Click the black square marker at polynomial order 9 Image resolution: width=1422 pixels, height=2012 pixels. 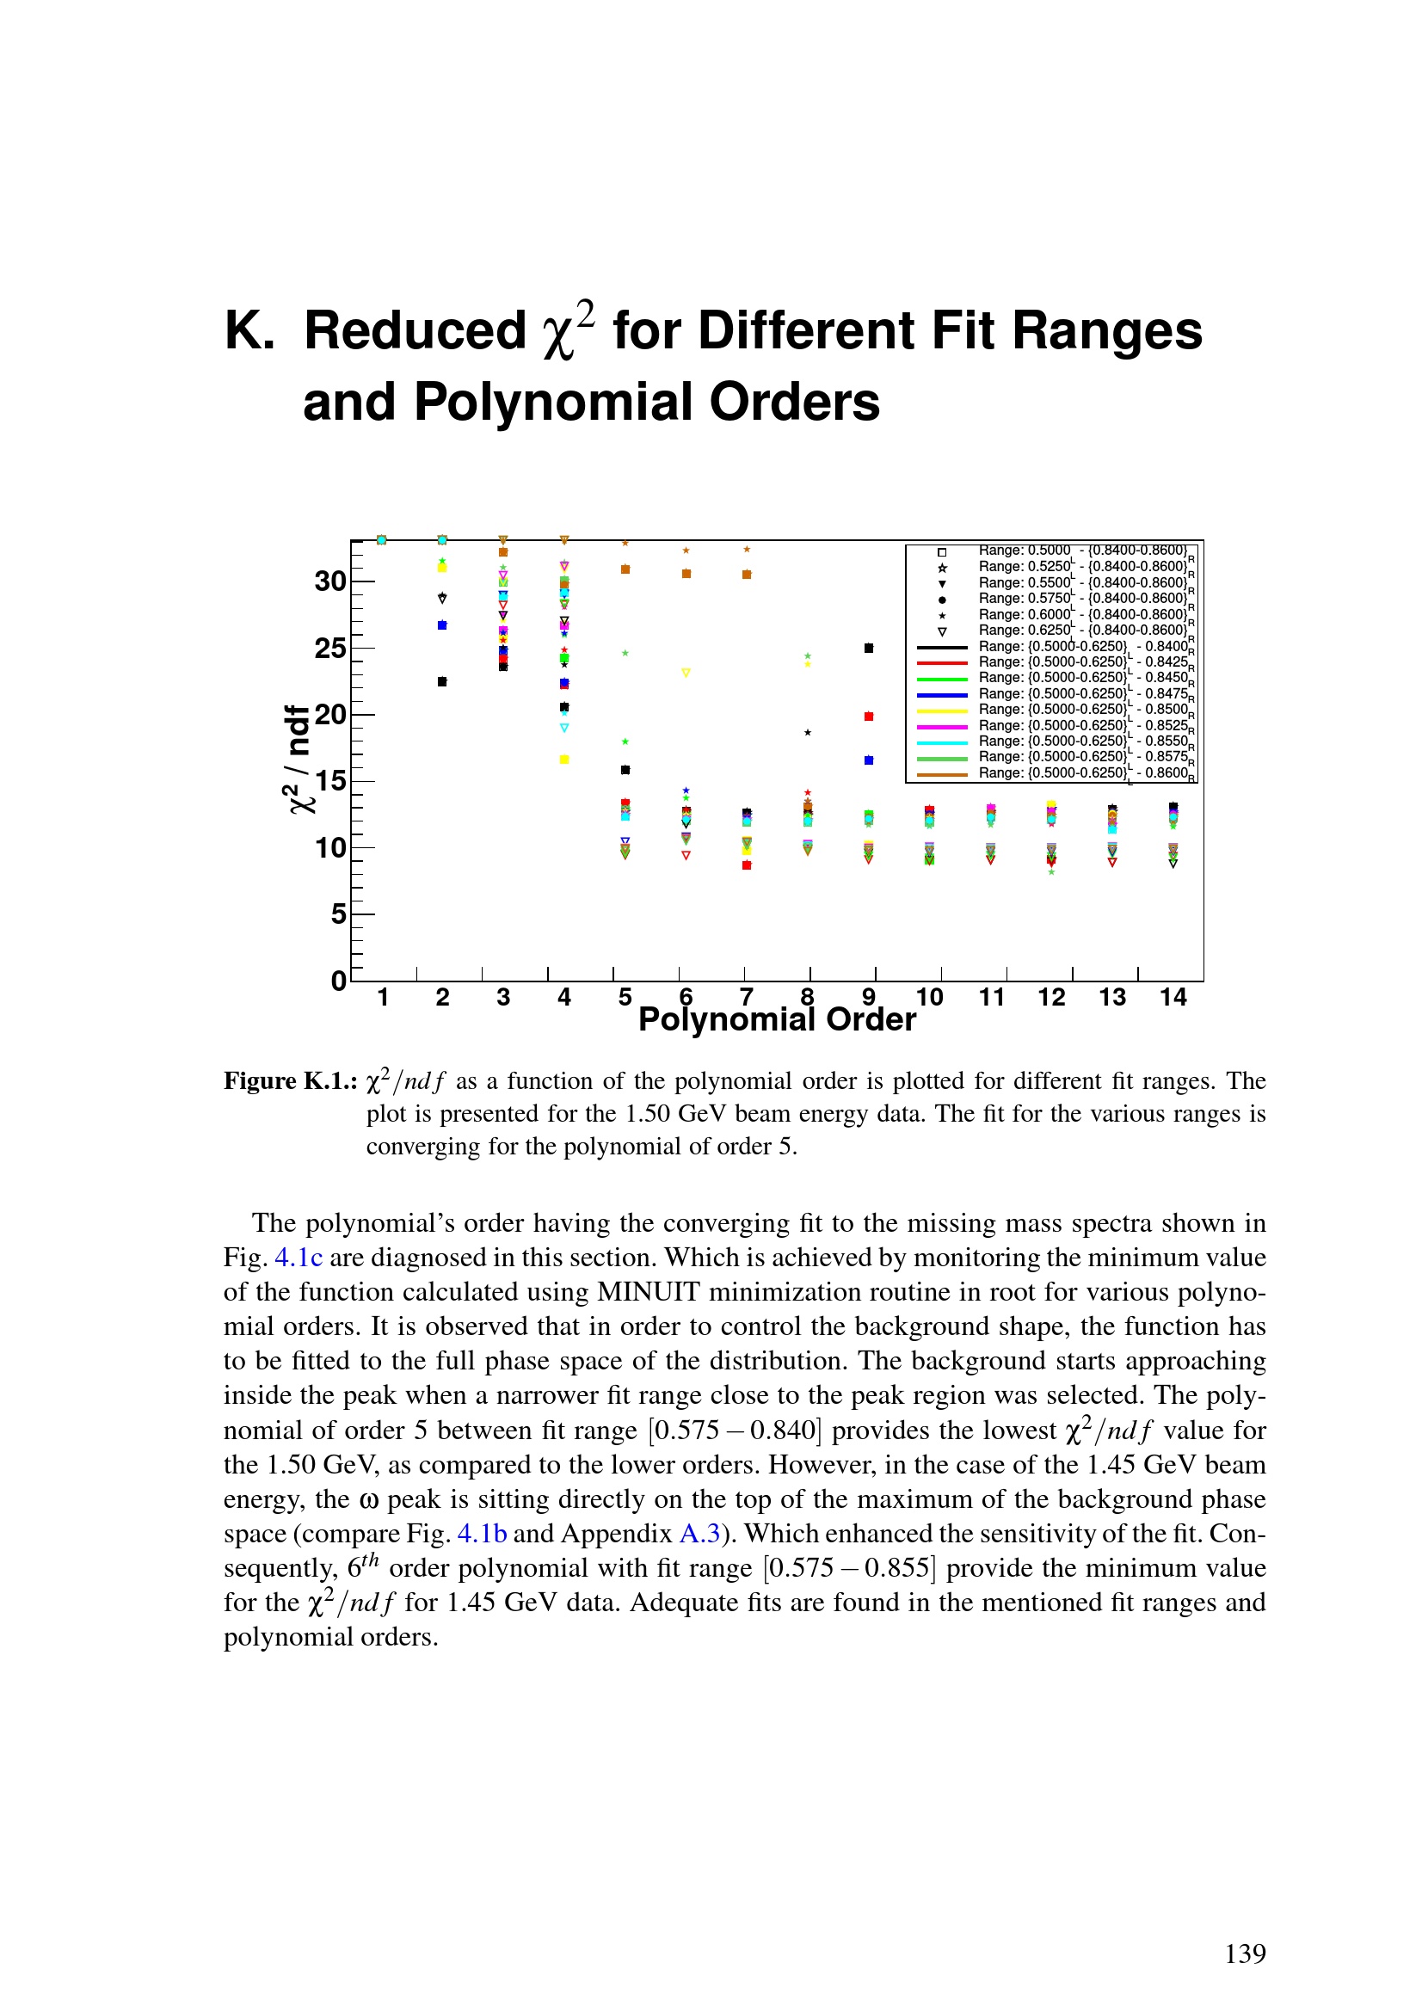pyautogui.click(x=868, y=648)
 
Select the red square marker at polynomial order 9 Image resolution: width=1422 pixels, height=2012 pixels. pyautogui.click(x=868, y=716)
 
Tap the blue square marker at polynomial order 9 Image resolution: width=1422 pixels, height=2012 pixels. pyautogui.click(x=868, y=760)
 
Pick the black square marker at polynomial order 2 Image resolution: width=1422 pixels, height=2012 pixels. pyautogui.click(x=441, y=681)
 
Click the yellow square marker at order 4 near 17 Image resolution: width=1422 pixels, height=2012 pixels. pyautogui.click(x=564, y=759)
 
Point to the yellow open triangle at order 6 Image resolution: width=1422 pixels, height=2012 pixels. pyautogui.click(x=686, y=673)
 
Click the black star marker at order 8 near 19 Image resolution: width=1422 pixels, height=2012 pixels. pyautogui.click(x=808, y=733)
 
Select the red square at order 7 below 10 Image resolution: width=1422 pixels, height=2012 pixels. pyautogui.click(x=747, y=864)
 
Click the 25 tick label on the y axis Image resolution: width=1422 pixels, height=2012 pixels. pyautogui.click(x=330, y=649)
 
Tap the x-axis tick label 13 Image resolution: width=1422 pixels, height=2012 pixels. pyautogui.click(x=1111, y=997)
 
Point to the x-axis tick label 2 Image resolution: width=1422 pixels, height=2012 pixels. pyautogui.click(x=442, y=997)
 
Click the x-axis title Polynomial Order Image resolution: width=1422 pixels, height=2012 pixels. pyautogui.click(x=777, y=1020)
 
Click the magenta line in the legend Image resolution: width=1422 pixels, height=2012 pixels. pyautogui.click(x=942, y=727)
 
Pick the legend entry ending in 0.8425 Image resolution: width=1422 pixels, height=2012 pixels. pyautogui.click(x=1087, y=662)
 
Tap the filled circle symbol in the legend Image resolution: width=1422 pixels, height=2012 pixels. pyautogui.click(x=942, y=600)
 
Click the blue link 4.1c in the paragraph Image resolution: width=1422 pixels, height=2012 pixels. pyautogui.click(x=299, y=1258)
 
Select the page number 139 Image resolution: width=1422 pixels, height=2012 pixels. pyautogui.click(x=1245, y=1954)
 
